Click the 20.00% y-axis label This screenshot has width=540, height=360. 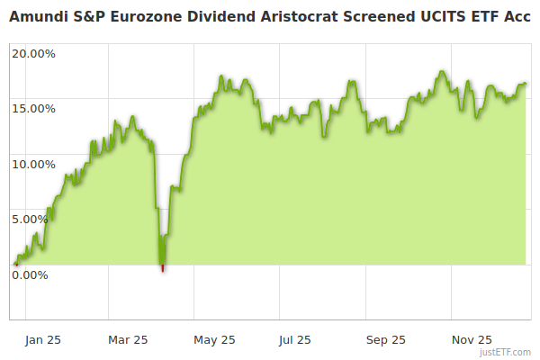[x=33, y=53]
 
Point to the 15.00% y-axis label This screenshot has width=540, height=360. [x=33, y=108]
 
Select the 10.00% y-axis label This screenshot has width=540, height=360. [x=33, y=164]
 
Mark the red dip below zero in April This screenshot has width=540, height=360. [x=162, y=267]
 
